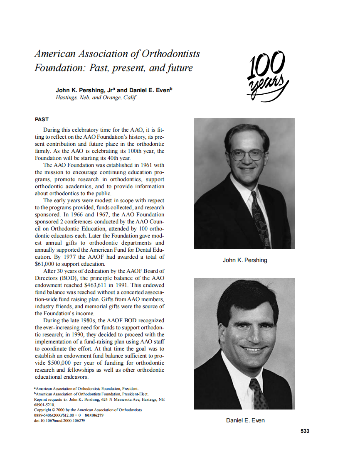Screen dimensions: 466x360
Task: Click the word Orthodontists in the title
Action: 171,54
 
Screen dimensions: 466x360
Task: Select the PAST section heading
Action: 42,119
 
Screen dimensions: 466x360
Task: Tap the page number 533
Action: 305,431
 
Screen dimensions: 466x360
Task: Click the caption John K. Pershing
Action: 245,260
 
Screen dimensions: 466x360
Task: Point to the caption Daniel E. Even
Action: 245,420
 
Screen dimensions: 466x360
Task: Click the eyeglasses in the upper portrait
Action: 247,155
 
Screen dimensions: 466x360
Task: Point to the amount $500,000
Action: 62,363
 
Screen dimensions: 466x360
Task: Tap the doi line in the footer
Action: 59,420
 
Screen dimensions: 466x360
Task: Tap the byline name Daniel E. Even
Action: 148,90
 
